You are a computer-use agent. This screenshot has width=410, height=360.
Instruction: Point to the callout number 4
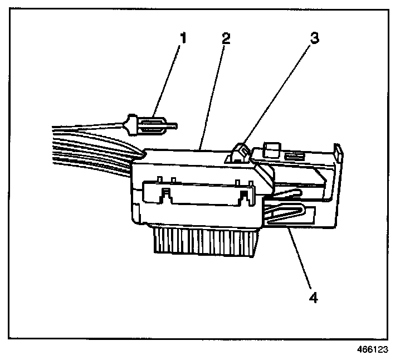[313, 297]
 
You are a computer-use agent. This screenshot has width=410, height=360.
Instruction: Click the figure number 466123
[372, 351]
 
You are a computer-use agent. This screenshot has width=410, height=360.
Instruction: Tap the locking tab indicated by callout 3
[238, 152]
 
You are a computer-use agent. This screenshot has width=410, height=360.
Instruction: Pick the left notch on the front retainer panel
[164, 195]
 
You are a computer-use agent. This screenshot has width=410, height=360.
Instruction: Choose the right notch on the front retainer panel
[243, 195]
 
